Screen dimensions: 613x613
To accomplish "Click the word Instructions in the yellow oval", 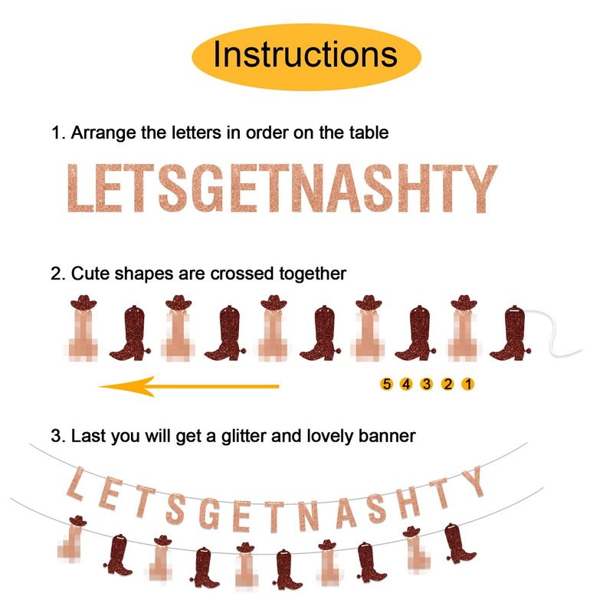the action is click(305, 54).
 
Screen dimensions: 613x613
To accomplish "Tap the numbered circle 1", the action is click(468, 384).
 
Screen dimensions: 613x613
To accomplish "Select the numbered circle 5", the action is click(386, 384).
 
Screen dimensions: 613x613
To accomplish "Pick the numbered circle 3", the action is click(427, 384).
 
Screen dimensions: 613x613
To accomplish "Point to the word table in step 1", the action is click(369, 133).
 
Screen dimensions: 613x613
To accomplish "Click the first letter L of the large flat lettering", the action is click(80, 188).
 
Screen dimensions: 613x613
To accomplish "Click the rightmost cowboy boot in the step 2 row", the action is click(510, 333).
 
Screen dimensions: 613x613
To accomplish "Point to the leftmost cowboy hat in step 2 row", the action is click(84, 302).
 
